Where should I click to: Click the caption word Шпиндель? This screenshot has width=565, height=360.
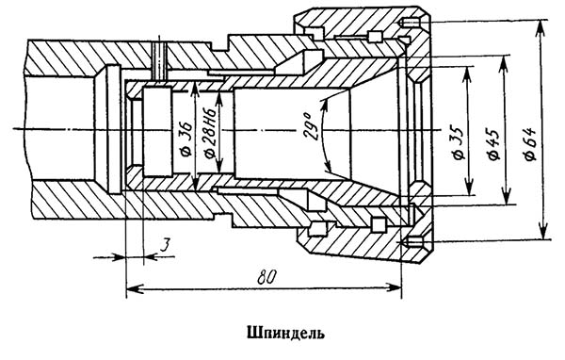point(285,334)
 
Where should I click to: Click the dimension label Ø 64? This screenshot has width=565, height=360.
point(531,143)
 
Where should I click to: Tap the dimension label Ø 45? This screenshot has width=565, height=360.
point(493,144)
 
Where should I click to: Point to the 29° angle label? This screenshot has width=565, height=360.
point(312,127)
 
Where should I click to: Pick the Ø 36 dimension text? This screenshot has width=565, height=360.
point(187,139)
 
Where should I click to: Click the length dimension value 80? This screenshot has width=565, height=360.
point(266,277)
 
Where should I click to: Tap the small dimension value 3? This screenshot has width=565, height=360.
point(164,246)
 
